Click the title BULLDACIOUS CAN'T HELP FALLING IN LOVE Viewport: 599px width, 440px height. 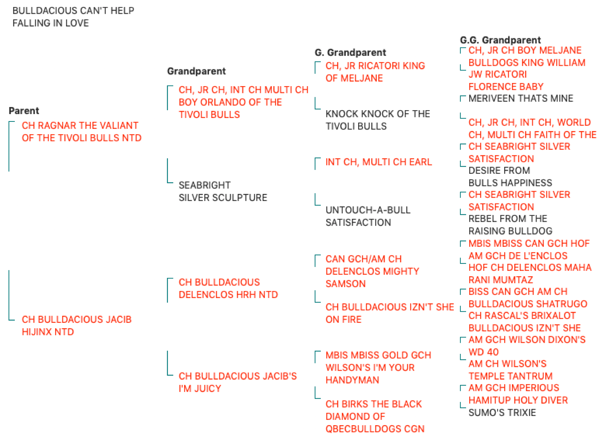coord(73,17)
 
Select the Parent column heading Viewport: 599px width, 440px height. coord(24,111)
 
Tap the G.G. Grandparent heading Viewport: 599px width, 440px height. coord(500,40)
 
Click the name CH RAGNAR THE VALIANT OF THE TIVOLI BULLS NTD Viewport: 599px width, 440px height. coord(82,132)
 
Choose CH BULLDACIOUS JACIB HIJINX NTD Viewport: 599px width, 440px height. coord(77,326)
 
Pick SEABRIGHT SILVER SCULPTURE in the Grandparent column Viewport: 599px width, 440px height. coord(223,191)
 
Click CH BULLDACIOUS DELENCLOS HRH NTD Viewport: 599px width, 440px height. coord(228,289)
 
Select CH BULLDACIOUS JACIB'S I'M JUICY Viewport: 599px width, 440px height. coord(238,382)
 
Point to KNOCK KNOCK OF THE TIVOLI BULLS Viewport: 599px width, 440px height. coord(378,120)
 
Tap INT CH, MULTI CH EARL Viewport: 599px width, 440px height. coord(379,162)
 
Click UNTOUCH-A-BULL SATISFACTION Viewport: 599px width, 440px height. coord(368,216)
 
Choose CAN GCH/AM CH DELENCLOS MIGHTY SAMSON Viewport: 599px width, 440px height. coord(372,271)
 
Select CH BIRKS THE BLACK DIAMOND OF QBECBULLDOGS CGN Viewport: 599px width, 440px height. coord(375,416)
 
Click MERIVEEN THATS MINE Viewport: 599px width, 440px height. coord(521,98)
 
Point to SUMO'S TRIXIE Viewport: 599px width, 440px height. coord(502,412)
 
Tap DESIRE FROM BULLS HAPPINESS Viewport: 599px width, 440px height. coord(510,177)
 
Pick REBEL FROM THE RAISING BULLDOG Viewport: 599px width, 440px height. coord(510,225)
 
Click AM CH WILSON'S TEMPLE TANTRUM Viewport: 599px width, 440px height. coord(511,370)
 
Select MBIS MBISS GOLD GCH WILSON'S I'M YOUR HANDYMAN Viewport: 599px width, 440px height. coord(378,367)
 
